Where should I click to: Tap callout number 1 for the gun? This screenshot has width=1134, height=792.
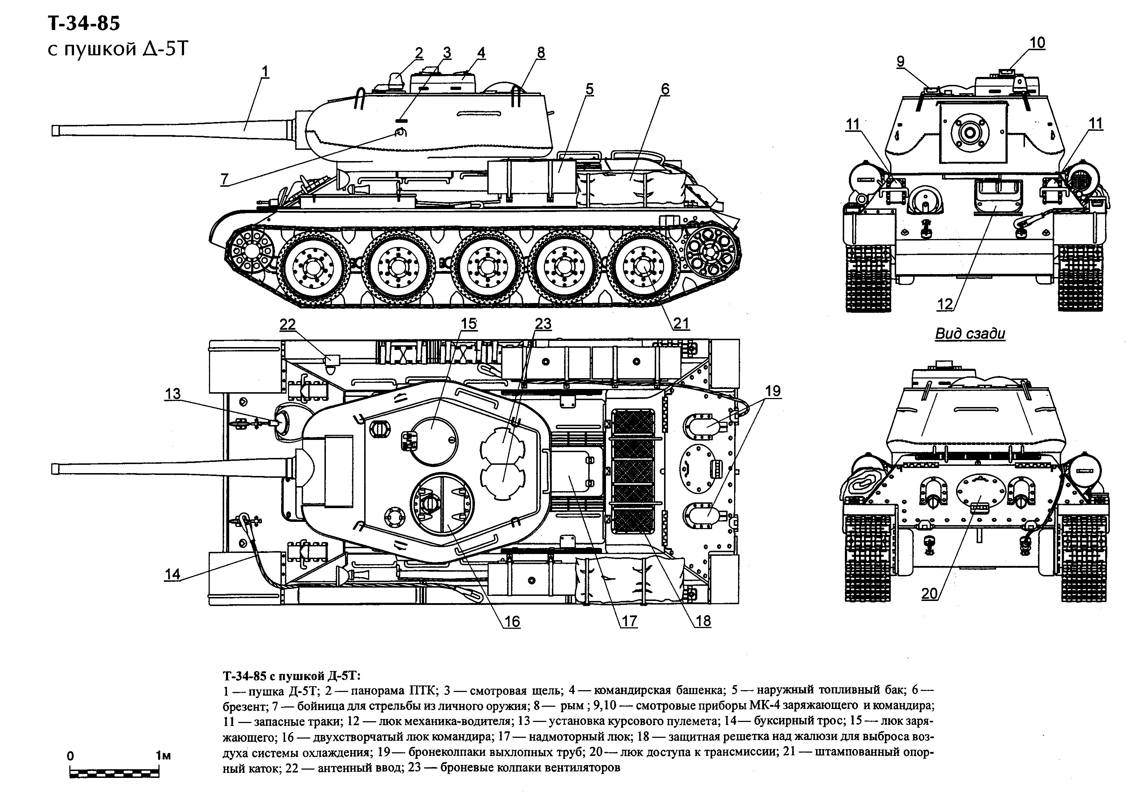click(x=265, y=71)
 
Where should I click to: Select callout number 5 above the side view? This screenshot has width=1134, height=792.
click(x=589, y=90)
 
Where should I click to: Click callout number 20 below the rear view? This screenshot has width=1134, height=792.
click(x=929, y=593)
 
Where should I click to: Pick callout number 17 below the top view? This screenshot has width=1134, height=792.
click(x=629, y=621)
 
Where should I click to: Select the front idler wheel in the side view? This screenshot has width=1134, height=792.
click(x=252, y=252)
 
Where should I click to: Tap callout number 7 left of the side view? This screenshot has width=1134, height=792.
click(x=225, y=178)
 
